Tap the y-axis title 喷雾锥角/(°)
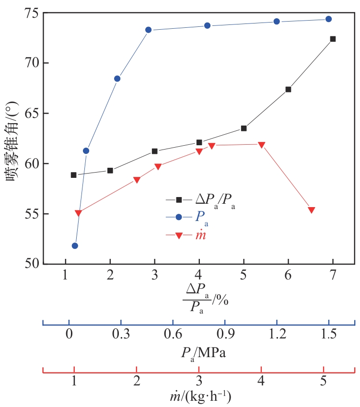coord(13,139)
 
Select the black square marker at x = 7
coord(333,39)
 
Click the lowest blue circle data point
coord(75,246)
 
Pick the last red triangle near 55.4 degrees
coord(312,210)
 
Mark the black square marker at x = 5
coord(244,128)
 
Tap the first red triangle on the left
coord(78,213)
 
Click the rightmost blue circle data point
coord(328,19)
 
